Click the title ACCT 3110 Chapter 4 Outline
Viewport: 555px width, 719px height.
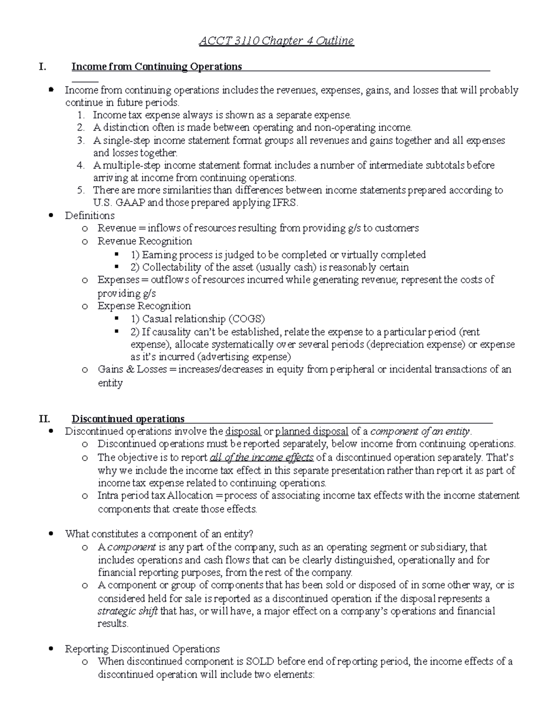tap(276, 41)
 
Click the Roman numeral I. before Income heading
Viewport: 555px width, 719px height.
tap(43, 67)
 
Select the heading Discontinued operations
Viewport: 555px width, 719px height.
tap(128, 419)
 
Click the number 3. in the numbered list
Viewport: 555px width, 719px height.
tap(81, 140)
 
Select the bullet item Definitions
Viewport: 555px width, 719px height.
tap(90, 216)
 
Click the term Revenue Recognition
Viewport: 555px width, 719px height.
tap(144, 241)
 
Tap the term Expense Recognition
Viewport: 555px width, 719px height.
tap(144, 306)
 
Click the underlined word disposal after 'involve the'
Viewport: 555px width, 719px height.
tap(243, 431)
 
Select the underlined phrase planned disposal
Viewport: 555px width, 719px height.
tap(311, 431)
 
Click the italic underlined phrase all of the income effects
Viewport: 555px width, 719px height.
tap(262, 458)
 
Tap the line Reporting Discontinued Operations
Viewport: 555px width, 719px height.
tap(142, 649)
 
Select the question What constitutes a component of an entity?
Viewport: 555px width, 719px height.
tap(159, 534)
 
